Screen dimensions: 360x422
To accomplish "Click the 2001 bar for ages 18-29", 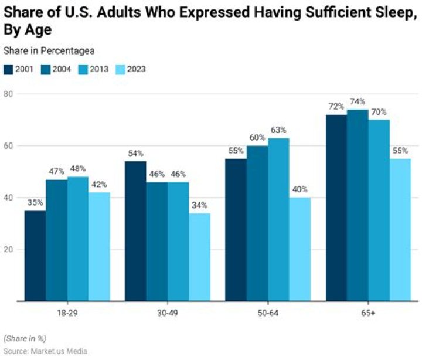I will [35, 256].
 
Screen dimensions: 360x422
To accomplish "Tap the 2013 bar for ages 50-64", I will [278, 219].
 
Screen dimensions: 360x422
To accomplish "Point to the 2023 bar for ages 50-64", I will [300, 249].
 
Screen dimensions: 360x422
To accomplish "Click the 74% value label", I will [358, 101].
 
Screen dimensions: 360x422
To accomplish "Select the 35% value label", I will [35, 203].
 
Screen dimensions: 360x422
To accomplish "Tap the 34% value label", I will [199, 205].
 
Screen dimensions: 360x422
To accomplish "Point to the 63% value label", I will [278, 130].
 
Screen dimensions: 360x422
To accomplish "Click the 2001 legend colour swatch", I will [9, 69].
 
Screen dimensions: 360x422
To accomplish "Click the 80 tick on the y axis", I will [9, 94].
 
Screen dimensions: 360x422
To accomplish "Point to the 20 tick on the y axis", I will [9, 249].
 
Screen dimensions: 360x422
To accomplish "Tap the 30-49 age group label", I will [167, 314].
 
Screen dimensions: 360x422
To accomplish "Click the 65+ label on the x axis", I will [369, 314].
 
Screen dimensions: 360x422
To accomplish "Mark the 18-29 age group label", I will [67, 314].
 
